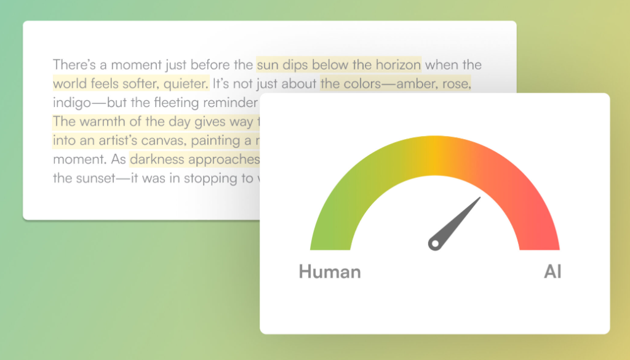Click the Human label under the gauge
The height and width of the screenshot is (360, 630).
tap(330, 271)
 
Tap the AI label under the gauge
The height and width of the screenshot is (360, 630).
tap(552, 271)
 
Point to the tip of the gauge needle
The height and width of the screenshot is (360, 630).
tap(479, 198)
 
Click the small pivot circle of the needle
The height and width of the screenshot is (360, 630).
tap(434, 244)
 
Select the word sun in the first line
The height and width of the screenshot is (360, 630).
tap(266, 65)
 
